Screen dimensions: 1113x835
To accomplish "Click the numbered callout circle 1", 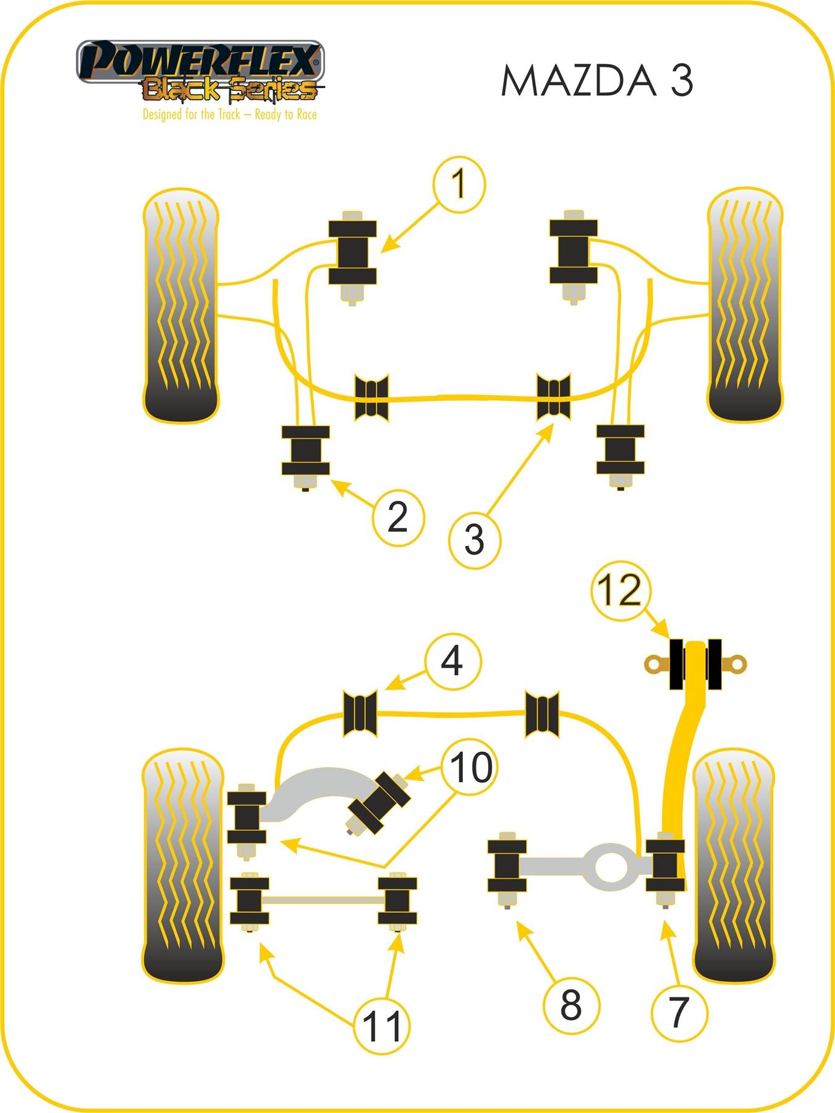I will pyautogui.click(x=459, y=184).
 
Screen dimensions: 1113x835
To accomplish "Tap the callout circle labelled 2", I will pyautogui.click(x=398, y=517).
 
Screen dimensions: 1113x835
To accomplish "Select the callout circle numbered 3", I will pyautogui.click(x=474, y=539).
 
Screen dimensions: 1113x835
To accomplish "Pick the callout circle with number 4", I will pyautogui.click(x=452, y=661).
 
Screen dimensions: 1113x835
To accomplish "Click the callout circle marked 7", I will pyautogui.click(x=679, y=1012).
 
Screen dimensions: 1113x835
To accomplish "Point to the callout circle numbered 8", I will pyautogui.click(x=570, y=1004).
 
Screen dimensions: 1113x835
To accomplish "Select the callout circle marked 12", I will pyautogui.click(x=621, y=590).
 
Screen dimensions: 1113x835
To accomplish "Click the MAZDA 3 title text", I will pyautogui.click(x=596, y=81).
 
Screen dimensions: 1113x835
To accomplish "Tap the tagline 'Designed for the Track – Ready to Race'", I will pyautogui.click(x=229, y=114).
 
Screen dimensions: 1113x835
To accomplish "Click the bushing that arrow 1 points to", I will pyautogui.click(x=352, y=252).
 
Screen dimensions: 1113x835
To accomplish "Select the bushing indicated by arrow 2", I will pyautogui.click(x=305, y=450).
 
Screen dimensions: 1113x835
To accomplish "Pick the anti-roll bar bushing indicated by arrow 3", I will pyautogui.click(x=553, y=397).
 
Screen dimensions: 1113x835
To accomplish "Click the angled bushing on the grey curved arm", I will pyautogui.click(x=379, y=802).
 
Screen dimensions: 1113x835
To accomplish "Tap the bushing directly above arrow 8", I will pyautogui.click(x=507, y=866).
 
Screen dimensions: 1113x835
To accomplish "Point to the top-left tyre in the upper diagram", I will pyautogui.click(x=180, y=305).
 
